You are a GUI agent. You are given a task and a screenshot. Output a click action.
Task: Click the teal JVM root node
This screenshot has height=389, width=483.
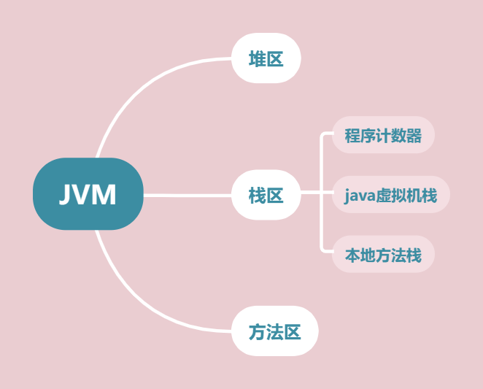coord(88,194)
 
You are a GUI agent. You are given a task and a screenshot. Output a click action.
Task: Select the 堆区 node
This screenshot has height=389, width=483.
coord(266,58)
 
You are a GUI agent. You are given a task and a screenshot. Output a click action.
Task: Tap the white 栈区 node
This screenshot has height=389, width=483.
coord(266,195)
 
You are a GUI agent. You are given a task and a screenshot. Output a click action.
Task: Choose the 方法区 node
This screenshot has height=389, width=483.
coord(274,331)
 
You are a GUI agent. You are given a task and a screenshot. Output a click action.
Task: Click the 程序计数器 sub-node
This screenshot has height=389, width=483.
coord(383,136)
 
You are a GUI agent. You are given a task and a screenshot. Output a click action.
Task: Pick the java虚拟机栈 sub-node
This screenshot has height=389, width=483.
coord(390,195)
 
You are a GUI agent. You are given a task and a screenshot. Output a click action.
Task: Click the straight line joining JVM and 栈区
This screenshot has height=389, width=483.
coord(187,195)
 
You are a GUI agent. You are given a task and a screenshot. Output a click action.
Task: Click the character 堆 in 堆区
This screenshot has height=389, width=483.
coord(257,58)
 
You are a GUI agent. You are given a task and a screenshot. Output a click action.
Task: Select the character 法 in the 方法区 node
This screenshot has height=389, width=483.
coord(274,331)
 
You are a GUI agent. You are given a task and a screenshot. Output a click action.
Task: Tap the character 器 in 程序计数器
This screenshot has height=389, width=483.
coord(414,136)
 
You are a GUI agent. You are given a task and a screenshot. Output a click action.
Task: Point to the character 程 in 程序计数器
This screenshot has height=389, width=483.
coord(352,136)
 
